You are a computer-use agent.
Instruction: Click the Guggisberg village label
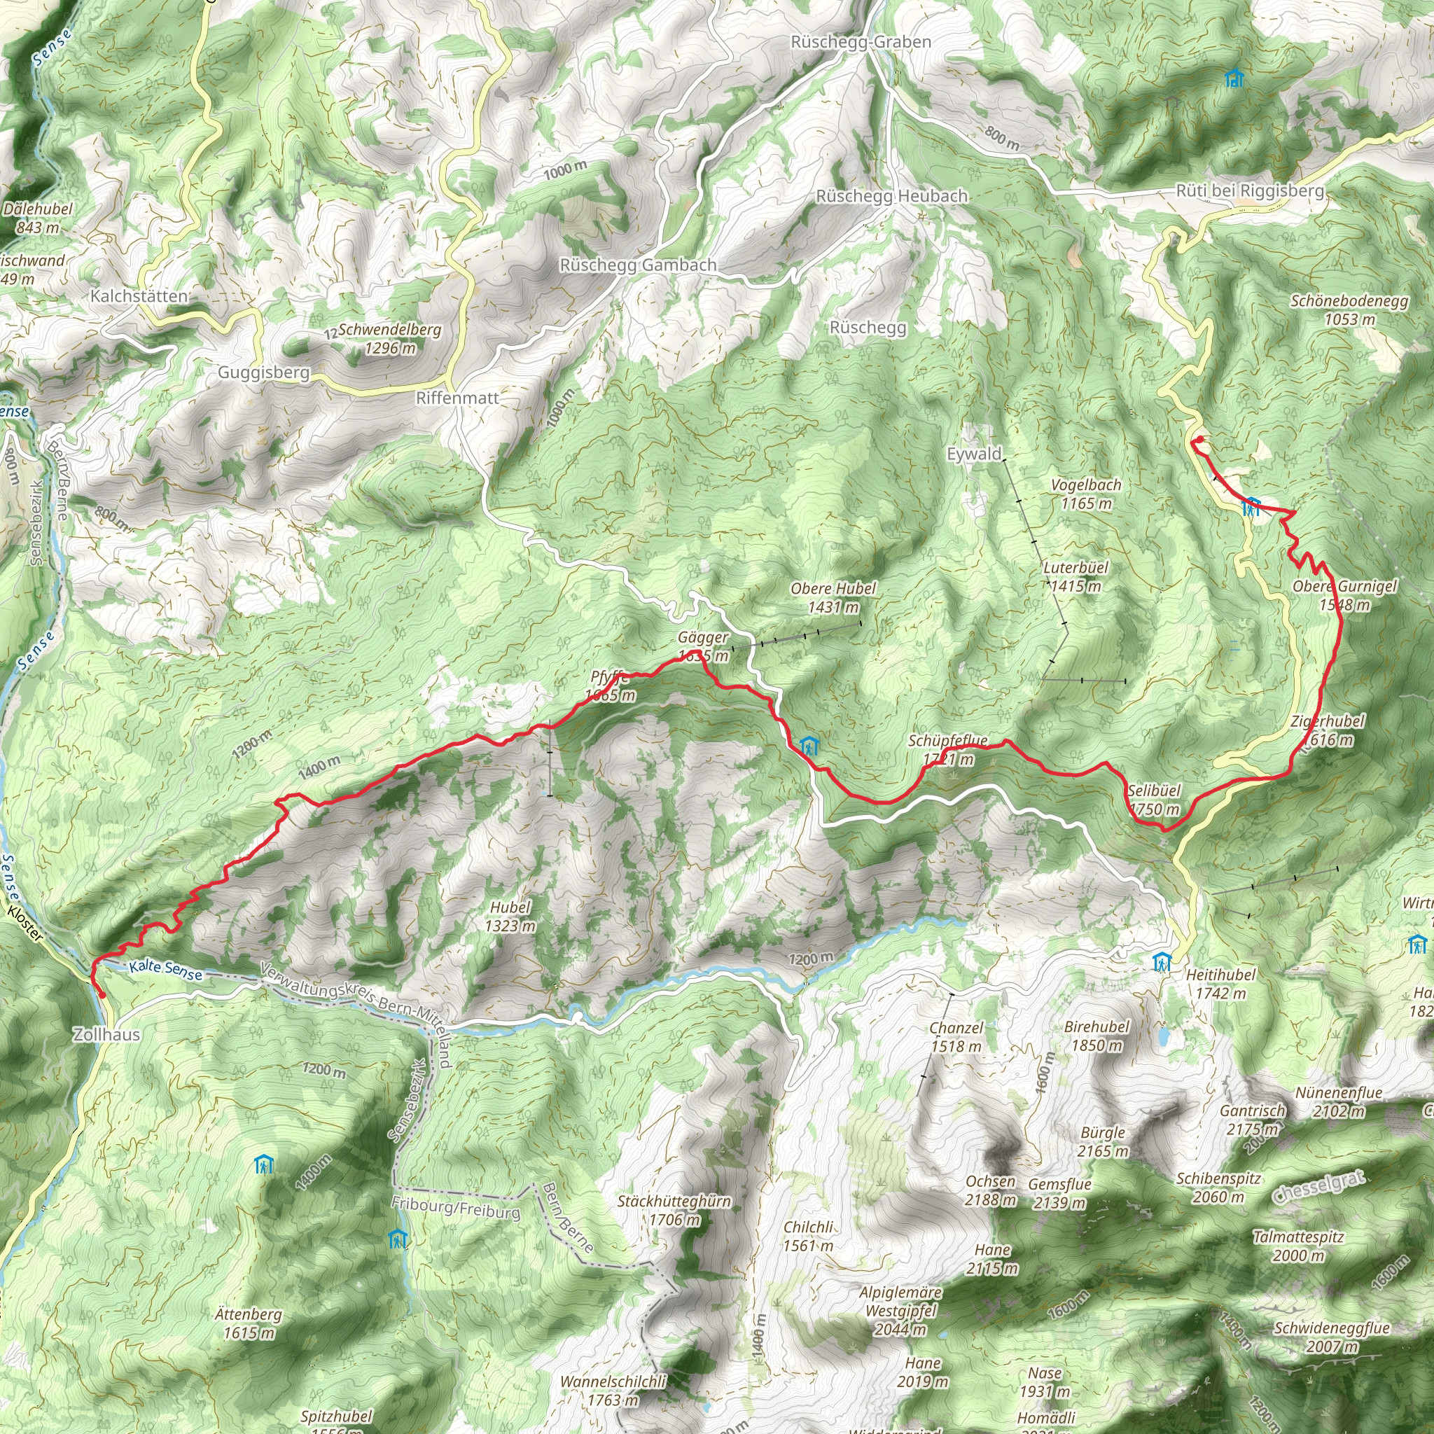coord(263,372)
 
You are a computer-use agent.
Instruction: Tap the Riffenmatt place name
coord(457,398)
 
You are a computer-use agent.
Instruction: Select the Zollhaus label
coord(106,1034)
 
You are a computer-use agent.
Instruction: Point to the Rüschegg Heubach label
coord(891,196)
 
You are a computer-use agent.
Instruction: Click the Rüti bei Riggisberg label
coord(1250,190)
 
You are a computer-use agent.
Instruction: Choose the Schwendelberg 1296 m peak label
coord(390,338)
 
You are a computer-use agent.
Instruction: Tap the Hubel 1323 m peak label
coord(510,916)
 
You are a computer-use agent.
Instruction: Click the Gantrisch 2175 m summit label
coord(1253,1120)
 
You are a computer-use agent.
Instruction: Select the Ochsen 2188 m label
coord(991,1190)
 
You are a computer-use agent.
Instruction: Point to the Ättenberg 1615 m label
coord(249,1323)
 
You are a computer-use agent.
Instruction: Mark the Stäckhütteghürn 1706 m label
coord(674,1210)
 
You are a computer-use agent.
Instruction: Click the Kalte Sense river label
coord(165,968)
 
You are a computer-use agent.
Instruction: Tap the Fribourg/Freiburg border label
coord(456,1209)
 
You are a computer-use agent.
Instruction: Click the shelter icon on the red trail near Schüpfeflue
coord(808,745)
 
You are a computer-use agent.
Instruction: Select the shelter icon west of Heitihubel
coord(1162,963)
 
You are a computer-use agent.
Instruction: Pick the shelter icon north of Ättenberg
coord(263,1164)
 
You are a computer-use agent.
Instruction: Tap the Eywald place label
coord(974,454)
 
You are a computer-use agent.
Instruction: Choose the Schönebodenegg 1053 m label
coord(1349,310)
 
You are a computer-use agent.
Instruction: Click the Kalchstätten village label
coord(139,296)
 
